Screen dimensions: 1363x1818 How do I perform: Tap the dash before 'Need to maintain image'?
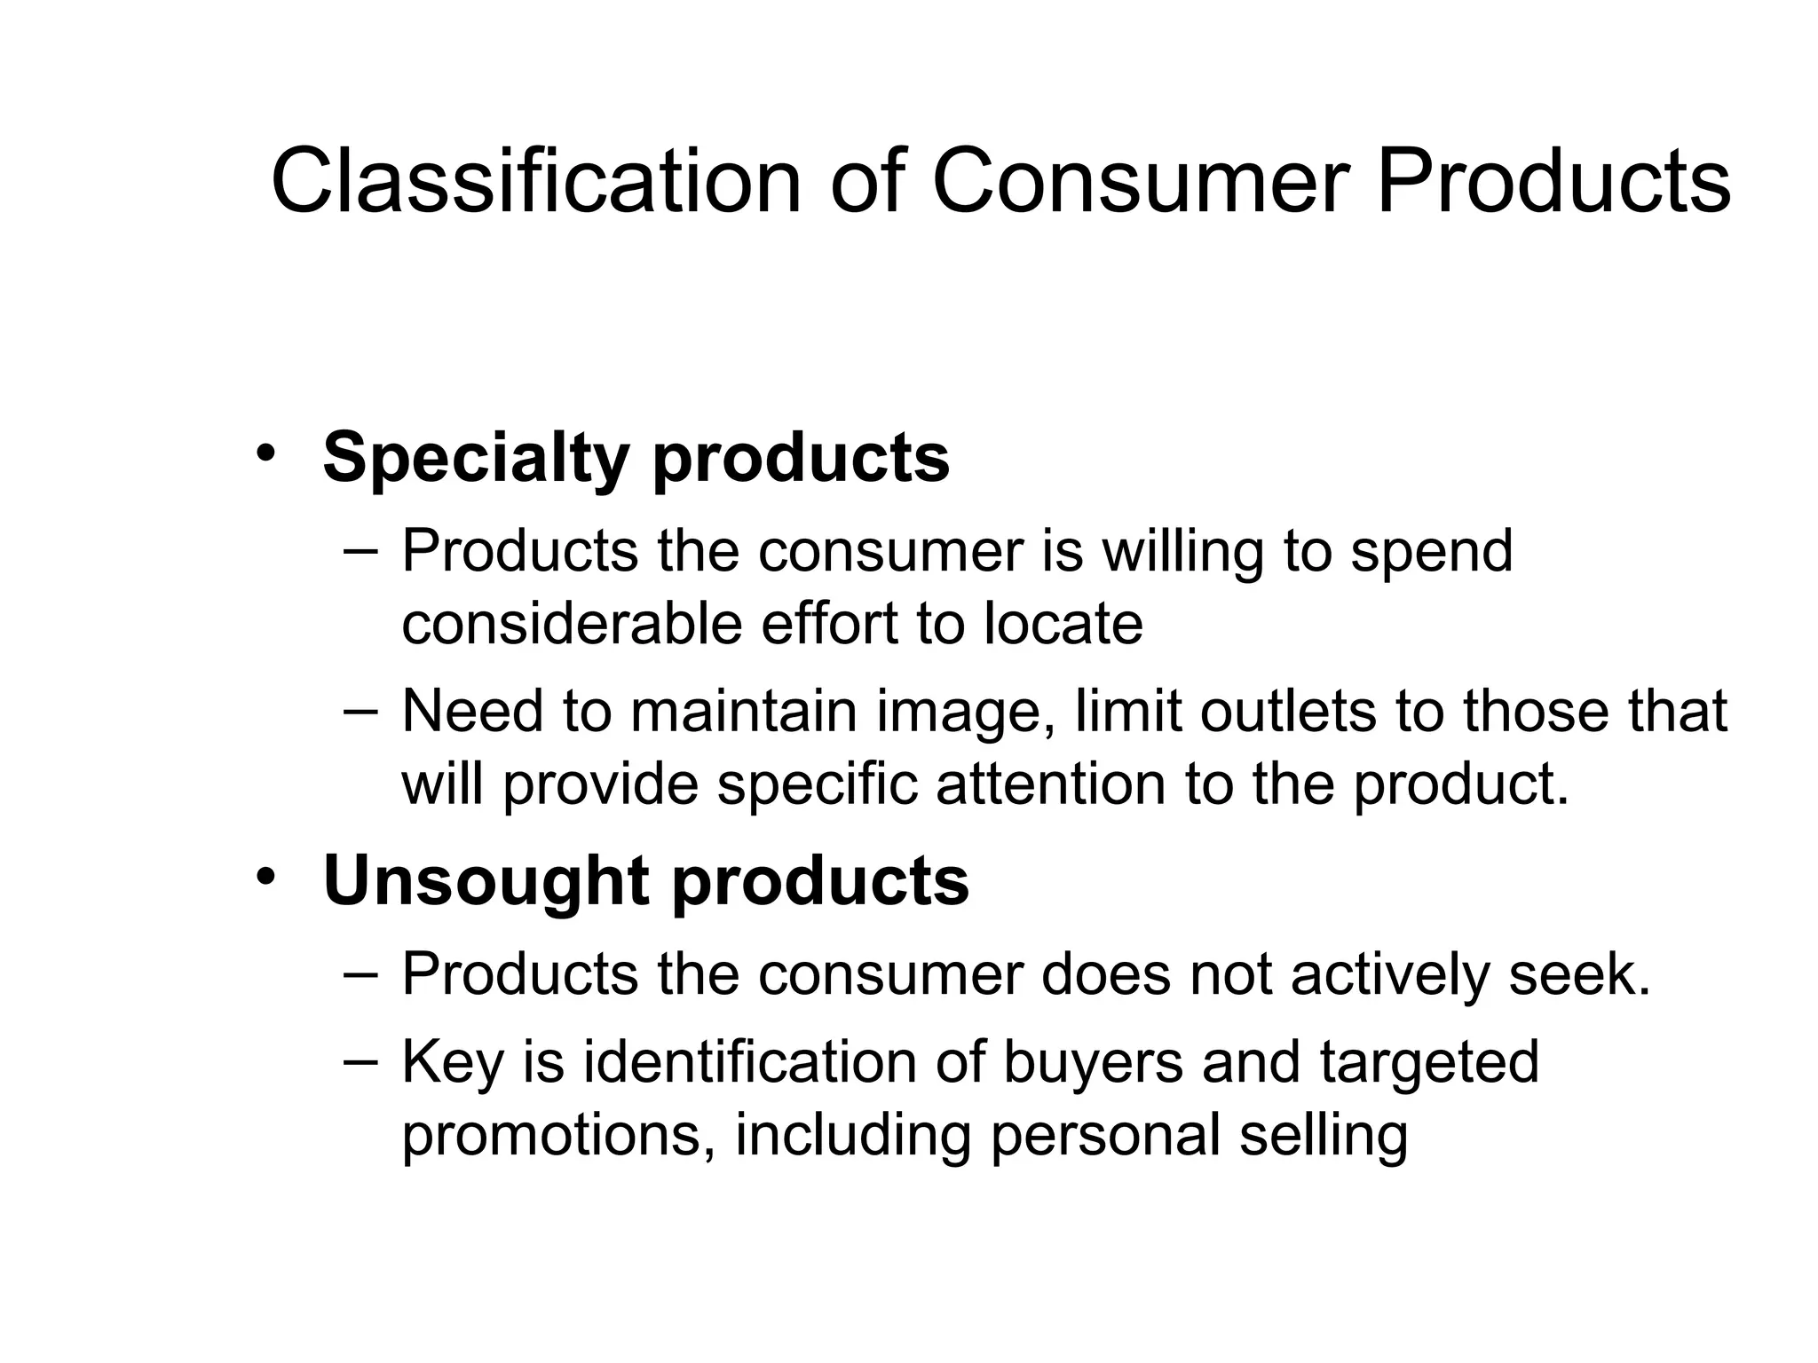(360, 711)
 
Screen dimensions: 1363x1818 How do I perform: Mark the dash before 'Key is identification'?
(360, 1061)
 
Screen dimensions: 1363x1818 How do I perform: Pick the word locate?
(1063, 623)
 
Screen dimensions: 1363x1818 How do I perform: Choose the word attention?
(1050, 784)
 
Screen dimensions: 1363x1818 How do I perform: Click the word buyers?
(1093, 1063)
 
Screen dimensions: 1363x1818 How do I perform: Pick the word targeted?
(1428, 1063)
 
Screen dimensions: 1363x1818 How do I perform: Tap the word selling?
(1323, 1135)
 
